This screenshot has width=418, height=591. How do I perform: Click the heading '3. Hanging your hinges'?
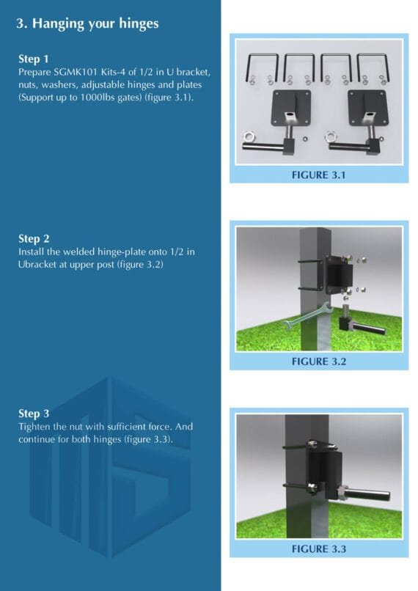tap(87, 23)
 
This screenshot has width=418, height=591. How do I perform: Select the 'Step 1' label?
tap(34, 58)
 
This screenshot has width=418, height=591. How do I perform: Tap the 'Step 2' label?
tap(34, 239)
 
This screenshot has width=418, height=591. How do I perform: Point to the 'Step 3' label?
tap(34, 414)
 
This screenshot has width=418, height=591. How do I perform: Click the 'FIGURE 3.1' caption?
tap(318, 175)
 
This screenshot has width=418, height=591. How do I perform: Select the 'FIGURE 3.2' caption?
tap(318, 361)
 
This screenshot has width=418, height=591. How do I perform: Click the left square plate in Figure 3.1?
tap(290, 106)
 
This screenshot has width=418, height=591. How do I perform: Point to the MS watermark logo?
tap(110, 455)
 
